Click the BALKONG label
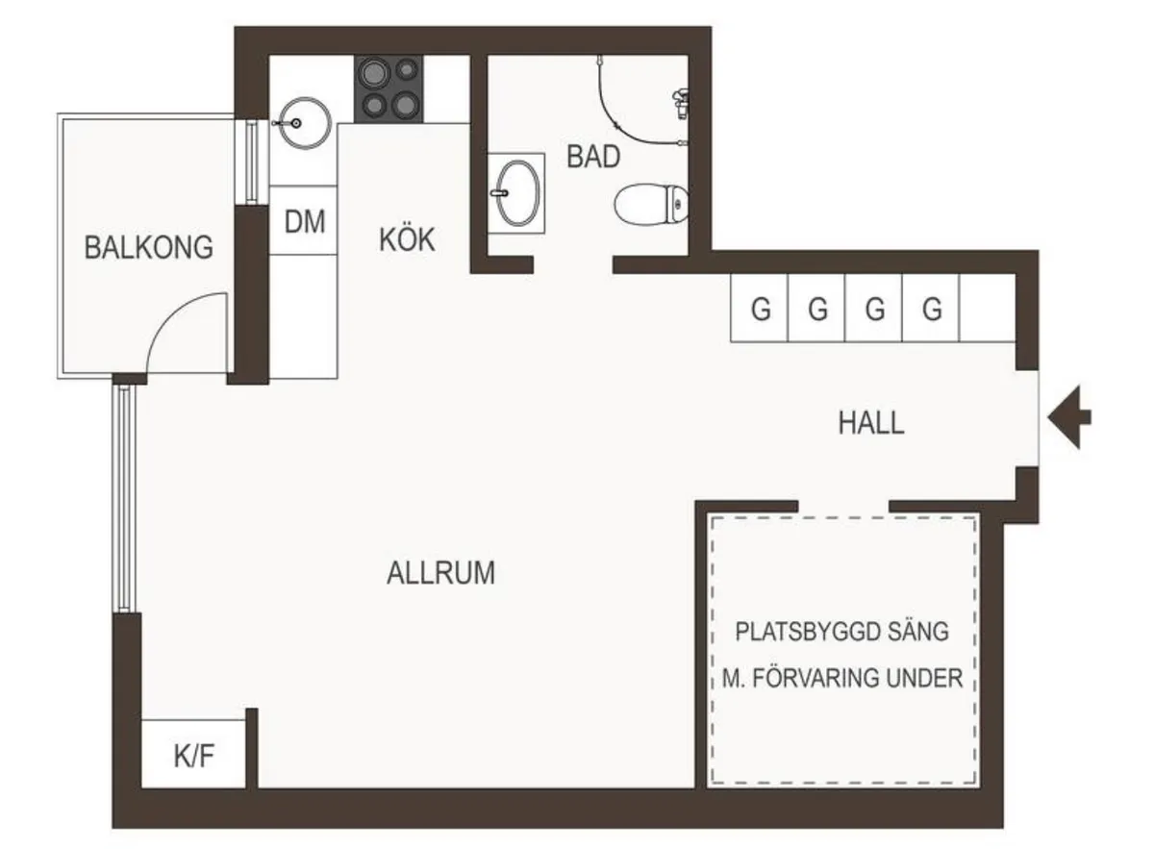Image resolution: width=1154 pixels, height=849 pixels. tap(148, 247)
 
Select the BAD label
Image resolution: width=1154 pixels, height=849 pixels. tap(593, 157)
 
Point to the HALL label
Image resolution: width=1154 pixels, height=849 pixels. tap(871, 422)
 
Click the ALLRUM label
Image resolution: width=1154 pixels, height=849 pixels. tap(441, 573)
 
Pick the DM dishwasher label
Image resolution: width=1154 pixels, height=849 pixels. tap(305, 221)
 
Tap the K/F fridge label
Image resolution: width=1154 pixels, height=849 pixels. tap(193, 757)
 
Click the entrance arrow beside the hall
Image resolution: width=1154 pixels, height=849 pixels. tap(1069, 416)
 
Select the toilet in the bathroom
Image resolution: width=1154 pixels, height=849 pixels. tap(651, 205)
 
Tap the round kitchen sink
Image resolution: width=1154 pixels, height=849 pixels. tap(305, 123)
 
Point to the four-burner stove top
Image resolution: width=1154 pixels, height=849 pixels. tap(389, 89)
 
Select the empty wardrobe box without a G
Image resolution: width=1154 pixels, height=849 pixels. tap(988, 308)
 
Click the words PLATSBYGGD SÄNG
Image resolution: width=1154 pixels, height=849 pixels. tap(841, 632)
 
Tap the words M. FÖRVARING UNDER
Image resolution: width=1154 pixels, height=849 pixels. tap(842, 678)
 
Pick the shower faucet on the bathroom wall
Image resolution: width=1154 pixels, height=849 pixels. tap(681, 103)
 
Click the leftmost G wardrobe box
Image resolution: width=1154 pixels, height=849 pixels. tap(760, 308)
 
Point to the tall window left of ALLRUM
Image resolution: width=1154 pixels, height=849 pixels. tap(124, 499)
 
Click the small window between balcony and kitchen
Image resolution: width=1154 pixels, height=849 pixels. tap(251, 162)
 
